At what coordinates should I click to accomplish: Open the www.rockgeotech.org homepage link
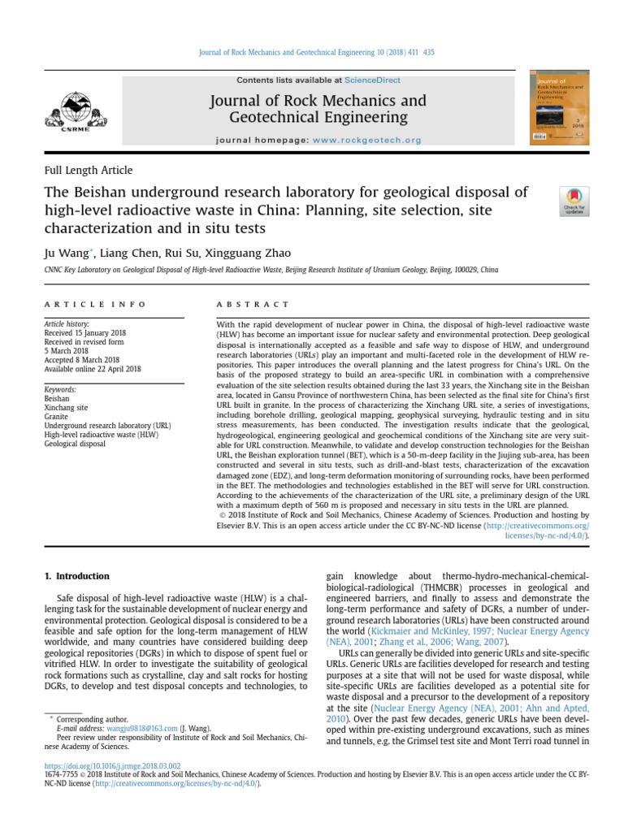coord(366,140)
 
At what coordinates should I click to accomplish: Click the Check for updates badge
coord(574,201)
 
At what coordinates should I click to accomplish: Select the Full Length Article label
coord(88,171)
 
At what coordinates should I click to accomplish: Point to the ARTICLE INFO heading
coord(95,304)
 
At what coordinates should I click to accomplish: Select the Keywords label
coord(60,390)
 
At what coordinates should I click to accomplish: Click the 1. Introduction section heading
coord(76,576)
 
